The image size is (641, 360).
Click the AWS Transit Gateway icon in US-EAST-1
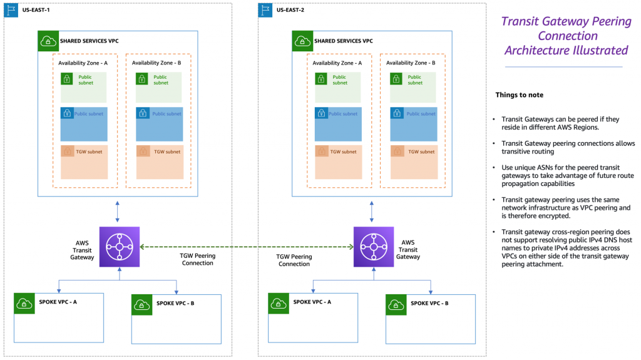tap(119, 247)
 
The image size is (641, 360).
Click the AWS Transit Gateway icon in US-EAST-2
tap(373, 247)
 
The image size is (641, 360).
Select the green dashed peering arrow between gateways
tap(246, 247)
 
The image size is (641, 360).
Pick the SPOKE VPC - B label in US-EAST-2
tap(429, 303)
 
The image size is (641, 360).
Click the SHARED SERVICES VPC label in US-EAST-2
tap(343, 41)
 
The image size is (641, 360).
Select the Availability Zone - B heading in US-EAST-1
tap(156, 63)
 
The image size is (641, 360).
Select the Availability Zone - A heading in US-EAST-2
tap(337, 63)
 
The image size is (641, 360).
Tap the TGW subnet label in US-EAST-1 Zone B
tap(165, 152)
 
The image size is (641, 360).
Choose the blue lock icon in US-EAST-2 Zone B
tap(396, 114)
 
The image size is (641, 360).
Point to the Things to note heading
tap(519, 95)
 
